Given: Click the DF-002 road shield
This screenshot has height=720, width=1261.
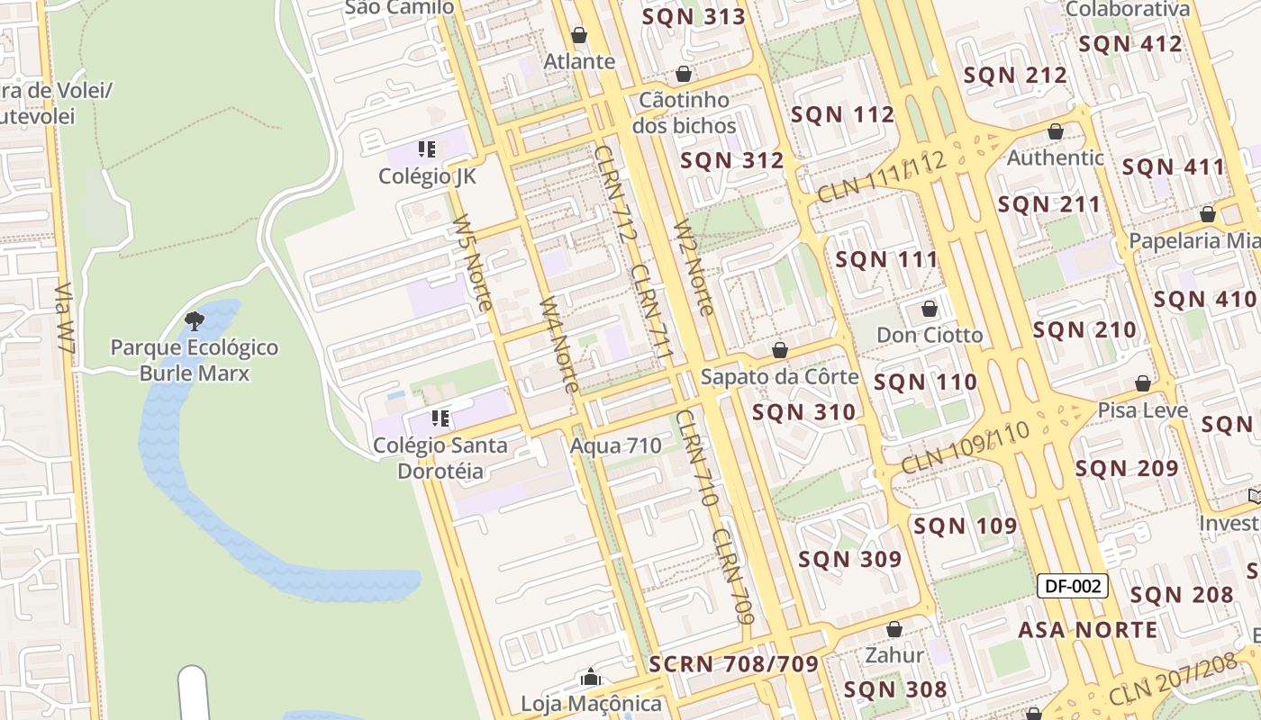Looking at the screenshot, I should point(1072,586).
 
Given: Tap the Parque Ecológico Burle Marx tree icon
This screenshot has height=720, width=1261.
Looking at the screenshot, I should point(194,320).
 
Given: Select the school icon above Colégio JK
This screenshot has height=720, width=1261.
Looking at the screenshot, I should point(427,149).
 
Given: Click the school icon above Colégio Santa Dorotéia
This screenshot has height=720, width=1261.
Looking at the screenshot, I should point(440,418).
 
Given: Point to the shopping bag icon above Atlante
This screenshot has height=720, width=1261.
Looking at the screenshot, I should point(579,35).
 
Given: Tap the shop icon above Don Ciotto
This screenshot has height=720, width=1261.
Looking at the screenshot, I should point(930,309).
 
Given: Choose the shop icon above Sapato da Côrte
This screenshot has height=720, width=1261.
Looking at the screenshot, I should point(780,350).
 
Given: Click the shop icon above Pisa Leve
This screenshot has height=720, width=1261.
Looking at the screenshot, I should point(1143,383).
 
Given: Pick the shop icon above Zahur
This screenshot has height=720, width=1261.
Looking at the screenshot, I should point(894,628).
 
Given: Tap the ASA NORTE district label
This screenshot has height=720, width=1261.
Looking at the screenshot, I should point(1087,630).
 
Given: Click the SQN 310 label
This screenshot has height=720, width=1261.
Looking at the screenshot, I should point(803,413).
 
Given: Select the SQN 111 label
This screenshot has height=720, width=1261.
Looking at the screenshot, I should point(886,260).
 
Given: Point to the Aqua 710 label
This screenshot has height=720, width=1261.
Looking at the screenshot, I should point(616,445).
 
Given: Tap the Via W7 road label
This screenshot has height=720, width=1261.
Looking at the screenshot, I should point(66,319).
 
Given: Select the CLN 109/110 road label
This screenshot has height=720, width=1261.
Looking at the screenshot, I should point(965,447).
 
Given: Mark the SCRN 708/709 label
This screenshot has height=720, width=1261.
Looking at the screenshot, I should point(733,664).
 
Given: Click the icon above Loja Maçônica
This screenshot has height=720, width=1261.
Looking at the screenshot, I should point(591,677).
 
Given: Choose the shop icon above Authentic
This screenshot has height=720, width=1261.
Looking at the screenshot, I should point(1056,131).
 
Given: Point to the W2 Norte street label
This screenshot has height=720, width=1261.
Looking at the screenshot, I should point(694,267).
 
